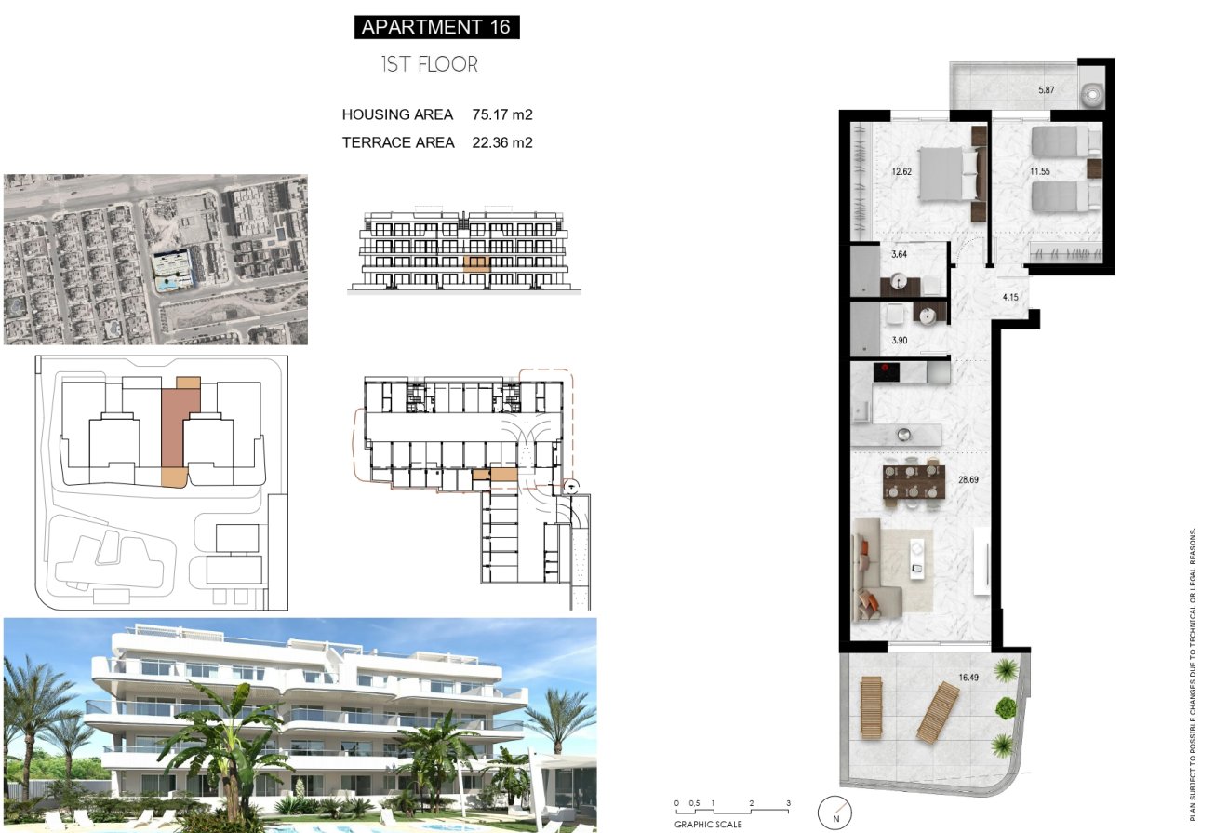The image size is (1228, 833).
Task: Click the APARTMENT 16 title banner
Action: click(436, 27)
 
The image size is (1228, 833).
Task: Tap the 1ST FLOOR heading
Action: click(430, 64)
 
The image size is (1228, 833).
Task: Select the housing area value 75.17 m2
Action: click(502, 114)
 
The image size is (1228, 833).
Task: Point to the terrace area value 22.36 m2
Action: click(502, 142)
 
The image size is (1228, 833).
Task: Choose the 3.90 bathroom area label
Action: click(900, 341)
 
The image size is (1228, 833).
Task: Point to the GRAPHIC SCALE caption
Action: click(708, 823)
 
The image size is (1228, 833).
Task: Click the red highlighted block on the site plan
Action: click(175, 427)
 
